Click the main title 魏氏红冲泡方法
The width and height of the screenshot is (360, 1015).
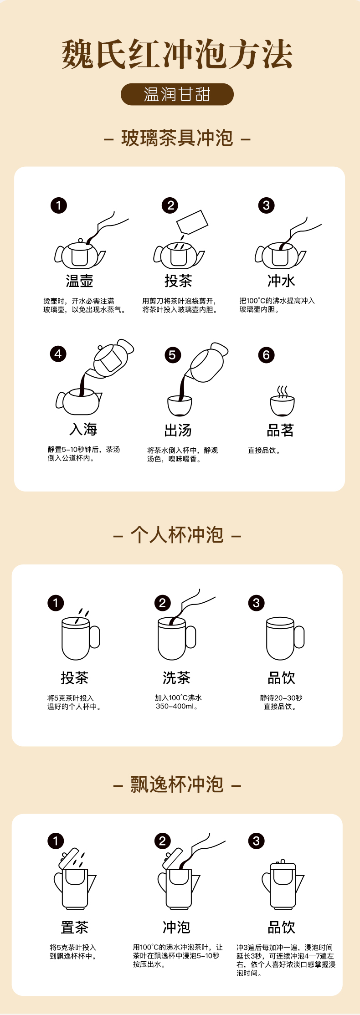pos(177,54)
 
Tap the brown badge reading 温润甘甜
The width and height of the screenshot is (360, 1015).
pos(177,94)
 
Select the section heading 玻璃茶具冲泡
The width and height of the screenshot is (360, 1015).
pos(177,138)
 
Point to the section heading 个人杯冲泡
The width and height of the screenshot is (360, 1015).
pos(177,535)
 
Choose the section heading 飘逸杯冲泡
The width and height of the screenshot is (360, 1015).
pos(177,784)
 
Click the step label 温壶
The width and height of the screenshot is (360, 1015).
pos(79,281)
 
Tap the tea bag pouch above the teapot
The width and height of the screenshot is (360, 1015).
pos(192,222)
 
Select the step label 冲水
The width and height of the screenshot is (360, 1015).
pos(281,281)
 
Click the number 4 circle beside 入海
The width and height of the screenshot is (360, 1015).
pos(58,354)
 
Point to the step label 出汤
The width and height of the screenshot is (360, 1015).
pos(178,430)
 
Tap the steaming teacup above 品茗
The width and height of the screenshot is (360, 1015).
pos(283,401)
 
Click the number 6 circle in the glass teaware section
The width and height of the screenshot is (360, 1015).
pos(267,355)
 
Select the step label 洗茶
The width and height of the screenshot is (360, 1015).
pos(176,678)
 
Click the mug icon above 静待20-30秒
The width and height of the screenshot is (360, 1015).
pos(285,638)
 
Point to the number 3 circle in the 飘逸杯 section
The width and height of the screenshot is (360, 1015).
pos(256,841)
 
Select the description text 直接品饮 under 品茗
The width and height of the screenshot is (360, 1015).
pos(264,451)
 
